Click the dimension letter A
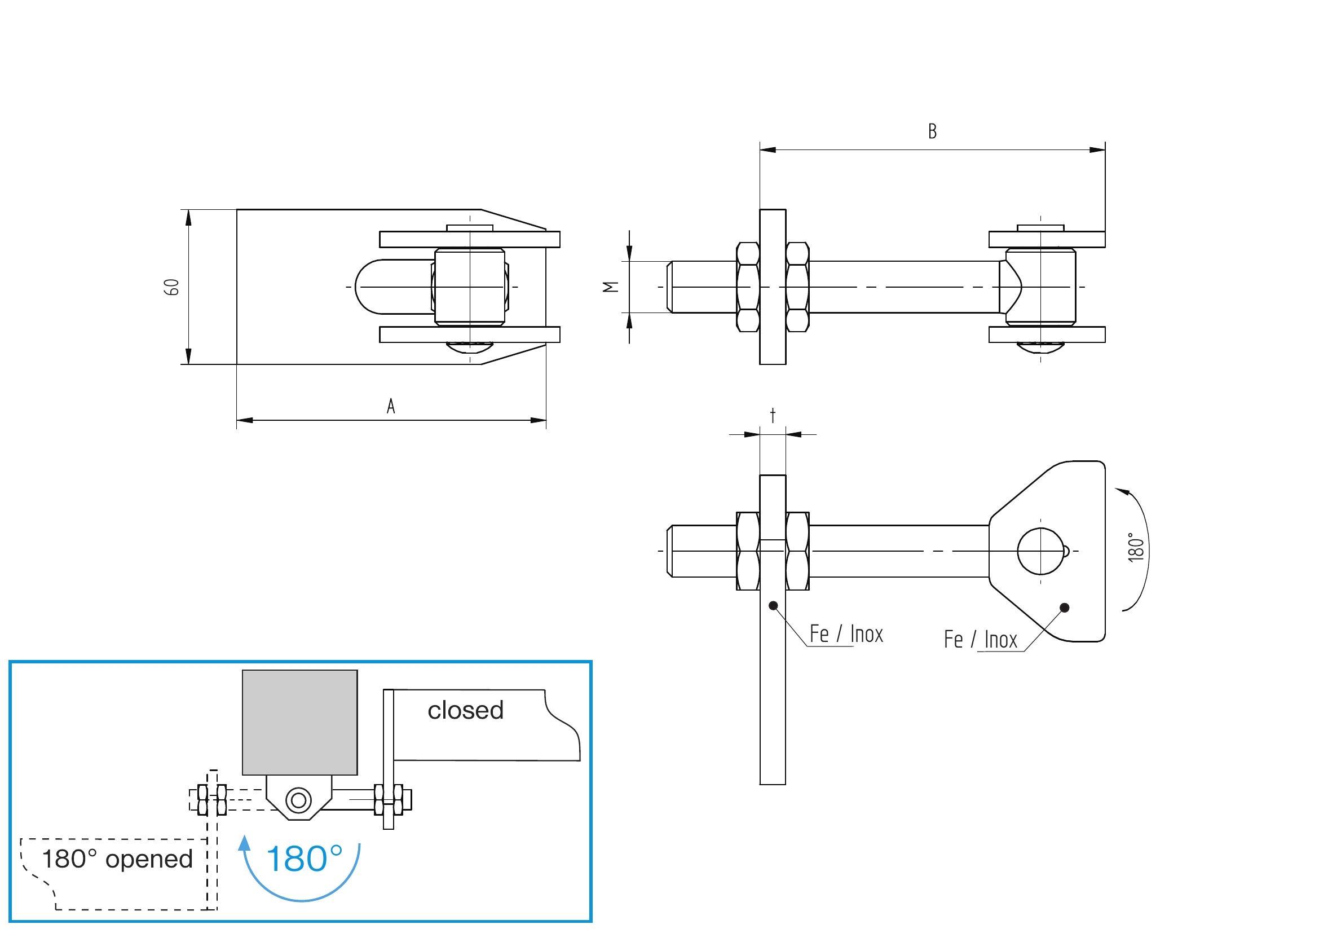click(391, 406)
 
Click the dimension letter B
click(932, 131)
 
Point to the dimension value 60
click(172, 287)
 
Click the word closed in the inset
click(465, 711)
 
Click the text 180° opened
click(117, 859)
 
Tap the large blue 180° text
click(305, 859)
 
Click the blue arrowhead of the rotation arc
click(245, 843)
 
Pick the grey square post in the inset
click(300, 722)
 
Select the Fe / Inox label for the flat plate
click(846, 633)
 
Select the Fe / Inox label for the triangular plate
click(980, 640)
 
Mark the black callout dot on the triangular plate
click(1065, 608)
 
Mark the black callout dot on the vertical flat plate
click(773, 605)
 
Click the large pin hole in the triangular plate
click(1040, 551)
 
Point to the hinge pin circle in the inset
click(299, 800)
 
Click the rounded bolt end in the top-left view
click(368, 287)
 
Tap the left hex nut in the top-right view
click(748, 287)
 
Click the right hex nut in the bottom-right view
click(797, 551)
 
